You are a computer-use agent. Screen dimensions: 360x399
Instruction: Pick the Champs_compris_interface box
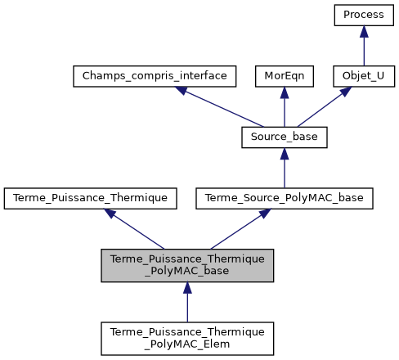[x=155, y=77]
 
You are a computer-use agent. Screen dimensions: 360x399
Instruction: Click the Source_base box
[x=285, y=137]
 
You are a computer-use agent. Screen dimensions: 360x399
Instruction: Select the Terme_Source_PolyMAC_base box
[x=285, y=197]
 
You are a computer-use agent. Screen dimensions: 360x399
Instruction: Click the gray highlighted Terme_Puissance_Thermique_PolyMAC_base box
[x=187, y=264]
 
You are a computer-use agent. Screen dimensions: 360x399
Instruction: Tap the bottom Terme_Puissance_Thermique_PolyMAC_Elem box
[x=187, y=337]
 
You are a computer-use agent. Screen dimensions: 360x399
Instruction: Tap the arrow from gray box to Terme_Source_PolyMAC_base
[x=237, y=229]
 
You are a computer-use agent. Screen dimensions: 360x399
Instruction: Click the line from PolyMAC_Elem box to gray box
[x=187, y=303]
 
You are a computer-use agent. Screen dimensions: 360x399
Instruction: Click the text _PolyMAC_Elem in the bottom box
[x=187, y=344]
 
